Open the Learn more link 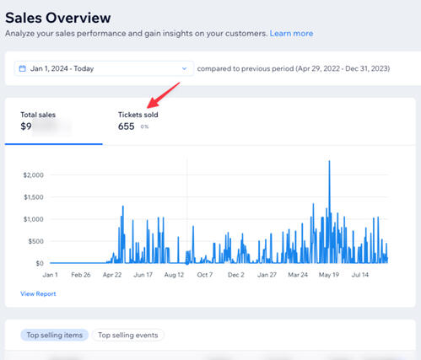(x=291, y=34)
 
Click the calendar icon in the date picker (x=23, y=68)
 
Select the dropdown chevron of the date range (x=185, y=68)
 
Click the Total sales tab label (x=38, y=115)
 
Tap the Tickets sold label (x=138, y=115)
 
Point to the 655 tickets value (x=126, y=126)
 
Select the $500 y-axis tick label (x=35, y=241)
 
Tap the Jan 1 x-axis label (x=50, y=274)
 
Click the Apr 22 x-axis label (x=112, y=274)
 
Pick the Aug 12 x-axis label (x=175, y=274)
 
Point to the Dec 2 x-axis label (x=236, y=274)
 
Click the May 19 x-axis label (x=328, y=274)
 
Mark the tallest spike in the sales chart (x=329, y=163)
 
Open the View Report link (x=38, y=294)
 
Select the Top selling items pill (x=55, y=335)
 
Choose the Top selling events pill (x=128, y=335)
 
